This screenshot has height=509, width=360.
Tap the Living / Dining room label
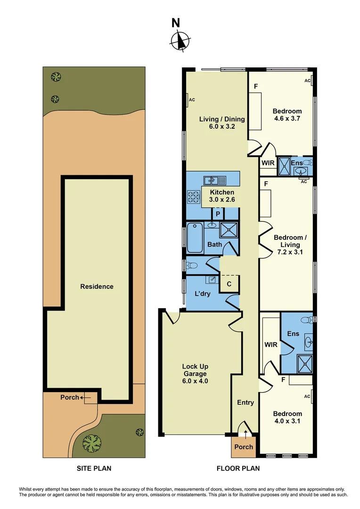click(217, 123)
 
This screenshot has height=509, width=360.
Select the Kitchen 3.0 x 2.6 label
click(222, 196)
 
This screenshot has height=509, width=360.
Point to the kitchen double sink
click(214, 180)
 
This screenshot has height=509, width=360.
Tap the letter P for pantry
click(218, 213)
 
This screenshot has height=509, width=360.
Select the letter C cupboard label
click(229, 284)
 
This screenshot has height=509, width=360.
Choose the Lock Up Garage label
click(195, 374)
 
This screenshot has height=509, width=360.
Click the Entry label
click(245, 402)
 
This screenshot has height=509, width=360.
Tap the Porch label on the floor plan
click(244, 447)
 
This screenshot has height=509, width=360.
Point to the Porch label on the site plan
click(70, 397)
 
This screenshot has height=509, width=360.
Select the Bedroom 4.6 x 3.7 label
click(287, 115)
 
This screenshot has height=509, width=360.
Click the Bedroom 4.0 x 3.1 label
click(287, 418)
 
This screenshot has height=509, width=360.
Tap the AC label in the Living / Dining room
click(192, 100)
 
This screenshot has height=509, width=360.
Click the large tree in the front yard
click(91, 443)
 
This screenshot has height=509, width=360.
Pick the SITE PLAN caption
click(94, 468)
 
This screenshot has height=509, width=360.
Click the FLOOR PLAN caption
click(238, 468)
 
